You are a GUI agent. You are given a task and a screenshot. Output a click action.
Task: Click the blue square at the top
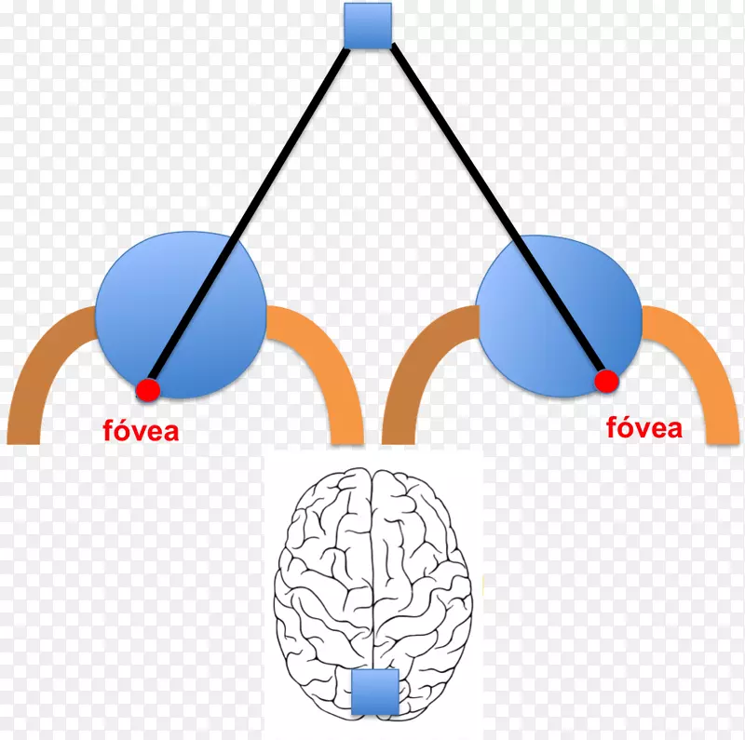368,26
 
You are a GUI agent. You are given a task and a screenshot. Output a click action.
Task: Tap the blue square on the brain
375,692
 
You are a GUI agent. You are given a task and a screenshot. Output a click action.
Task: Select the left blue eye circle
181,315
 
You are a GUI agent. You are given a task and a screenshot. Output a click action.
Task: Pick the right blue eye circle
560,316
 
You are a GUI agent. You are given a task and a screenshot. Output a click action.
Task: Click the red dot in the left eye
148,390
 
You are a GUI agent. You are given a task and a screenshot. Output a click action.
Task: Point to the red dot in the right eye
607,382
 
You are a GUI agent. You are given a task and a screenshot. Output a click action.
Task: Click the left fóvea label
142,430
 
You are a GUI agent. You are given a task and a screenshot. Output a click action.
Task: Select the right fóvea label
644,427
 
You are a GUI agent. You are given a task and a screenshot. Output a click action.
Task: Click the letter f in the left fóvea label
108,430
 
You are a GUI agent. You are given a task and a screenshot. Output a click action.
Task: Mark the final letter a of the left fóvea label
171,434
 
